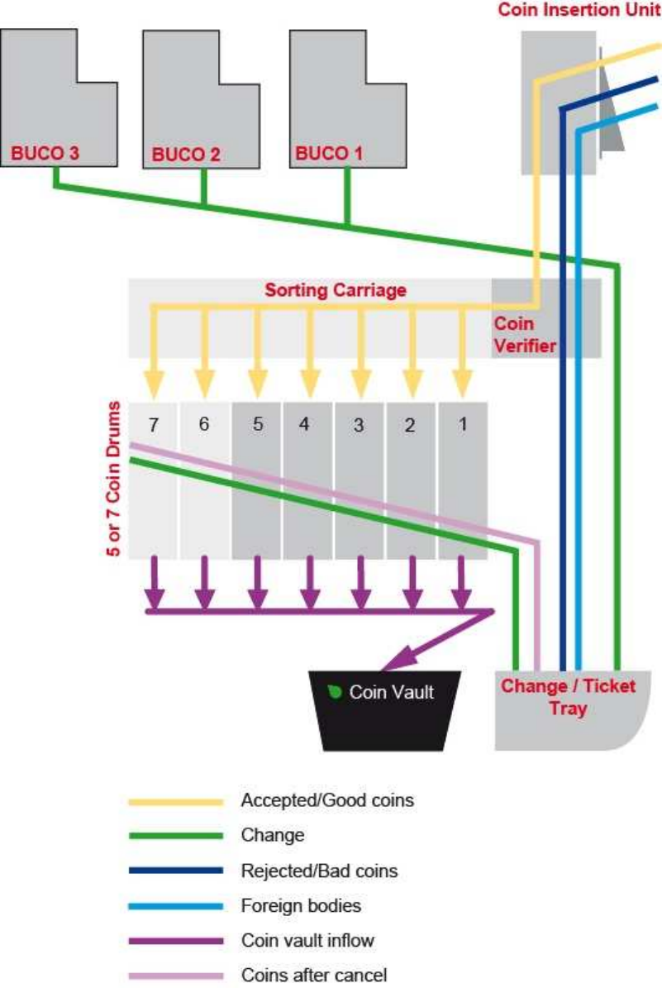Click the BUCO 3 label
pos(45,153)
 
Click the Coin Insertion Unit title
pos(579,11)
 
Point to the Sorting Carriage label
pos(336,290)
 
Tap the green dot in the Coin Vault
pos(336,692)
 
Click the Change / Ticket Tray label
pos(568,697)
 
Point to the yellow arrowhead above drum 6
pos(204,383)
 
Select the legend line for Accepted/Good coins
pos(176,801)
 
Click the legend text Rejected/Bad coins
pos(319,871)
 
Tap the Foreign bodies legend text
pos(301,906)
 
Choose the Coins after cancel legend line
pos(176,976)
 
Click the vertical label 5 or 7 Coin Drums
pos(115,479)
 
